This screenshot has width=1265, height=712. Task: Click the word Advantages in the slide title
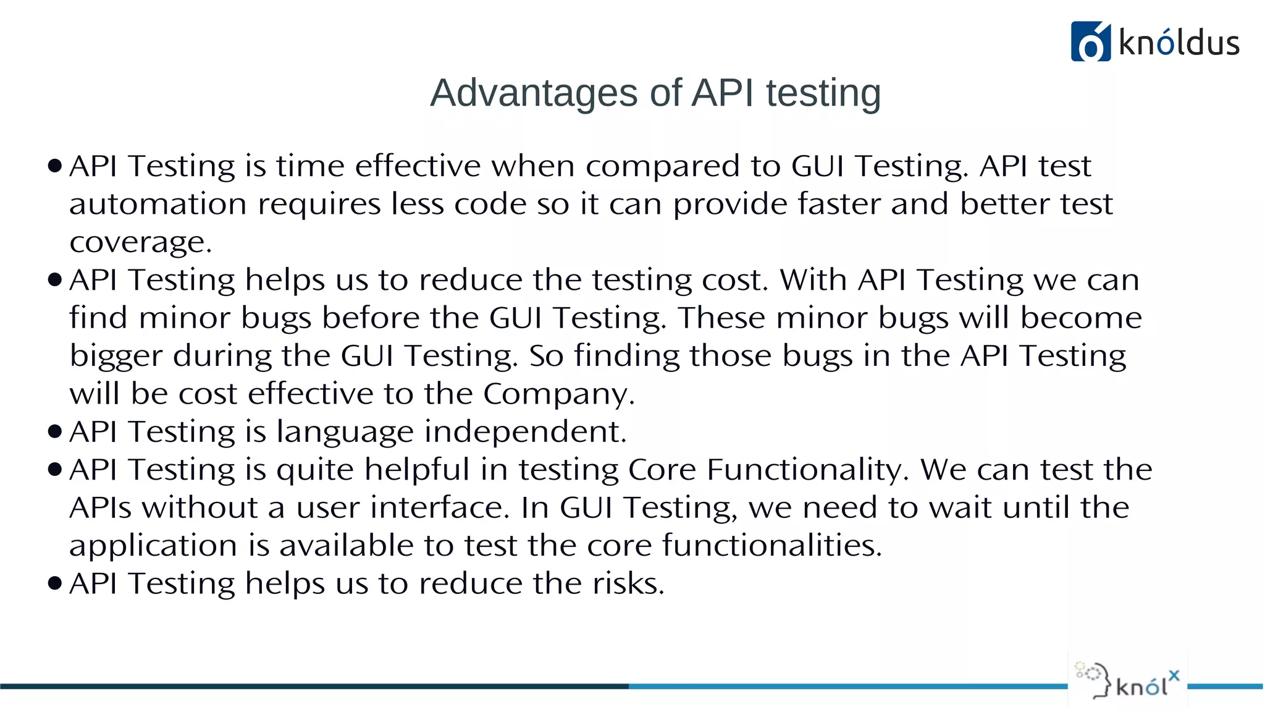click(x=534, y=93)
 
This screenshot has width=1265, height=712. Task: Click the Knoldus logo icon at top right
click(x=1090, y=41)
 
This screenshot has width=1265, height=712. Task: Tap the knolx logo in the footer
click(x=1127, y=680)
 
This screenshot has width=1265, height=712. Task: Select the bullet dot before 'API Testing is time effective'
click(x=55, y=166)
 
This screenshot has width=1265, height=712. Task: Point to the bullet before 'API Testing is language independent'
click(x=55, y=431)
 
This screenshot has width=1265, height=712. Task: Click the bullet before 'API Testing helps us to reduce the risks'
click(x=55, y=583)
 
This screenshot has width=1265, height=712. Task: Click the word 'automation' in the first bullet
click(x=158, y=205)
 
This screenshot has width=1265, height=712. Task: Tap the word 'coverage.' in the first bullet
click(x=141, y=242)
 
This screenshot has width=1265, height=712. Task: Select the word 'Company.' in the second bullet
click(x=558, y=394)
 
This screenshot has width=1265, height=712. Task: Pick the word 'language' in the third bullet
click(x=345, y=432)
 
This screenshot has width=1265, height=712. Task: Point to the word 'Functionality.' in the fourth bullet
click(x=808, y=470)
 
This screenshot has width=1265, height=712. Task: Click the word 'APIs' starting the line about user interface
click(x=101, y=508)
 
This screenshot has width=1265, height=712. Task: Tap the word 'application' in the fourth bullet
click(x=153, y=546)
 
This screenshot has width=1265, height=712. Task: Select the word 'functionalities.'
click(x=772, y=546)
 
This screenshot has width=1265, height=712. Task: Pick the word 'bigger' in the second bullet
click(x=116, y=357)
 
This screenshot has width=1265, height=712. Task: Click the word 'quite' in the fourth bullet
click(x=315, y=470)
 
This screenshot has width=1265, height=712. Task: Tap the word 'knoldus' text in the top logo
click(x=1179, y=43)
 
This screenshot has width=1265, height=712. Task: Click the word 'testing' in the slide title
click(x=823, y=93)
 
